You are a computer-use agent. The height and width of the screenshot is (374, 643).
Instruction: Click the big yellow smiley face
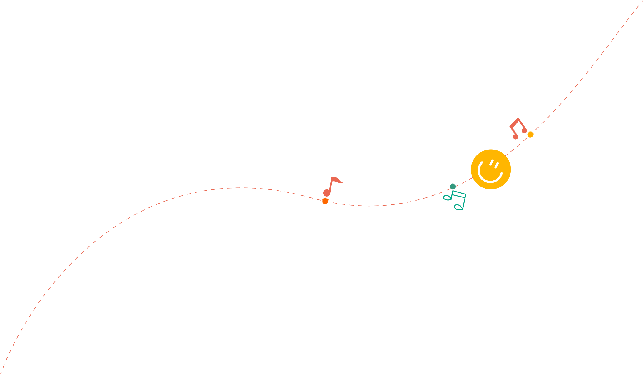491,170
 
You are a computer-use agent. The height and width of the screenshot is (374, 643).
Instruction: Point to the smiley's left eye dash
491,162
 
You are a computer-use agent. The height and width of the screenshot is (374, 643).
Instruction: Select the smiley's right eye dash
497,165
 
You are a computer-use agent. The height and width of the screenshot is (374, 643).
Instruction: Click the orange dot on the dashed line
325,201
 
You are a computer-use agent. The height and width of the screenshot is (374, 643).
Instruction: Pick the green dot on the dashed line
453,187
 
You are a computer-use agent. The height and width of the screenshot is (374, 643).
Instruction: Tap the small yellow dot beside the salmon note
530,135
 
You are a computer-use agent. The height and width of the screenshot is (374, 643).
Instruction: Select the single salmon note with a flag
332,186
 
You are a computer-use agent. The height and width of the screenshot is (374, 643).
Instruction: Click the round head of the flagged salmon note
326,193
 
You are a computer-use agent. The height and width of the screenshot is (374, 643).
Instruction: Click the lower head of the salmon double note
515,137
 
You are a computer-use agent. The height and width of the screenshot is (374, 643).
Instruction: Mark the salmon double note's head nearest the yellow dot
524,131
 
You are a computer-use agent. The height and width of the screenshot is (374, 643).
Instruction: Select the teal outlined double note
455,200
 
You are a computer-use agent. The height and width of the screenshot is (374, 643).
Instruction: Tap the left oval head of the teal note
447,198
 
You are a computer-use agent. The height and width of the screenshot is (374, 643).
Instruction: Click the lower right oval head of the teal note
458,207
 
